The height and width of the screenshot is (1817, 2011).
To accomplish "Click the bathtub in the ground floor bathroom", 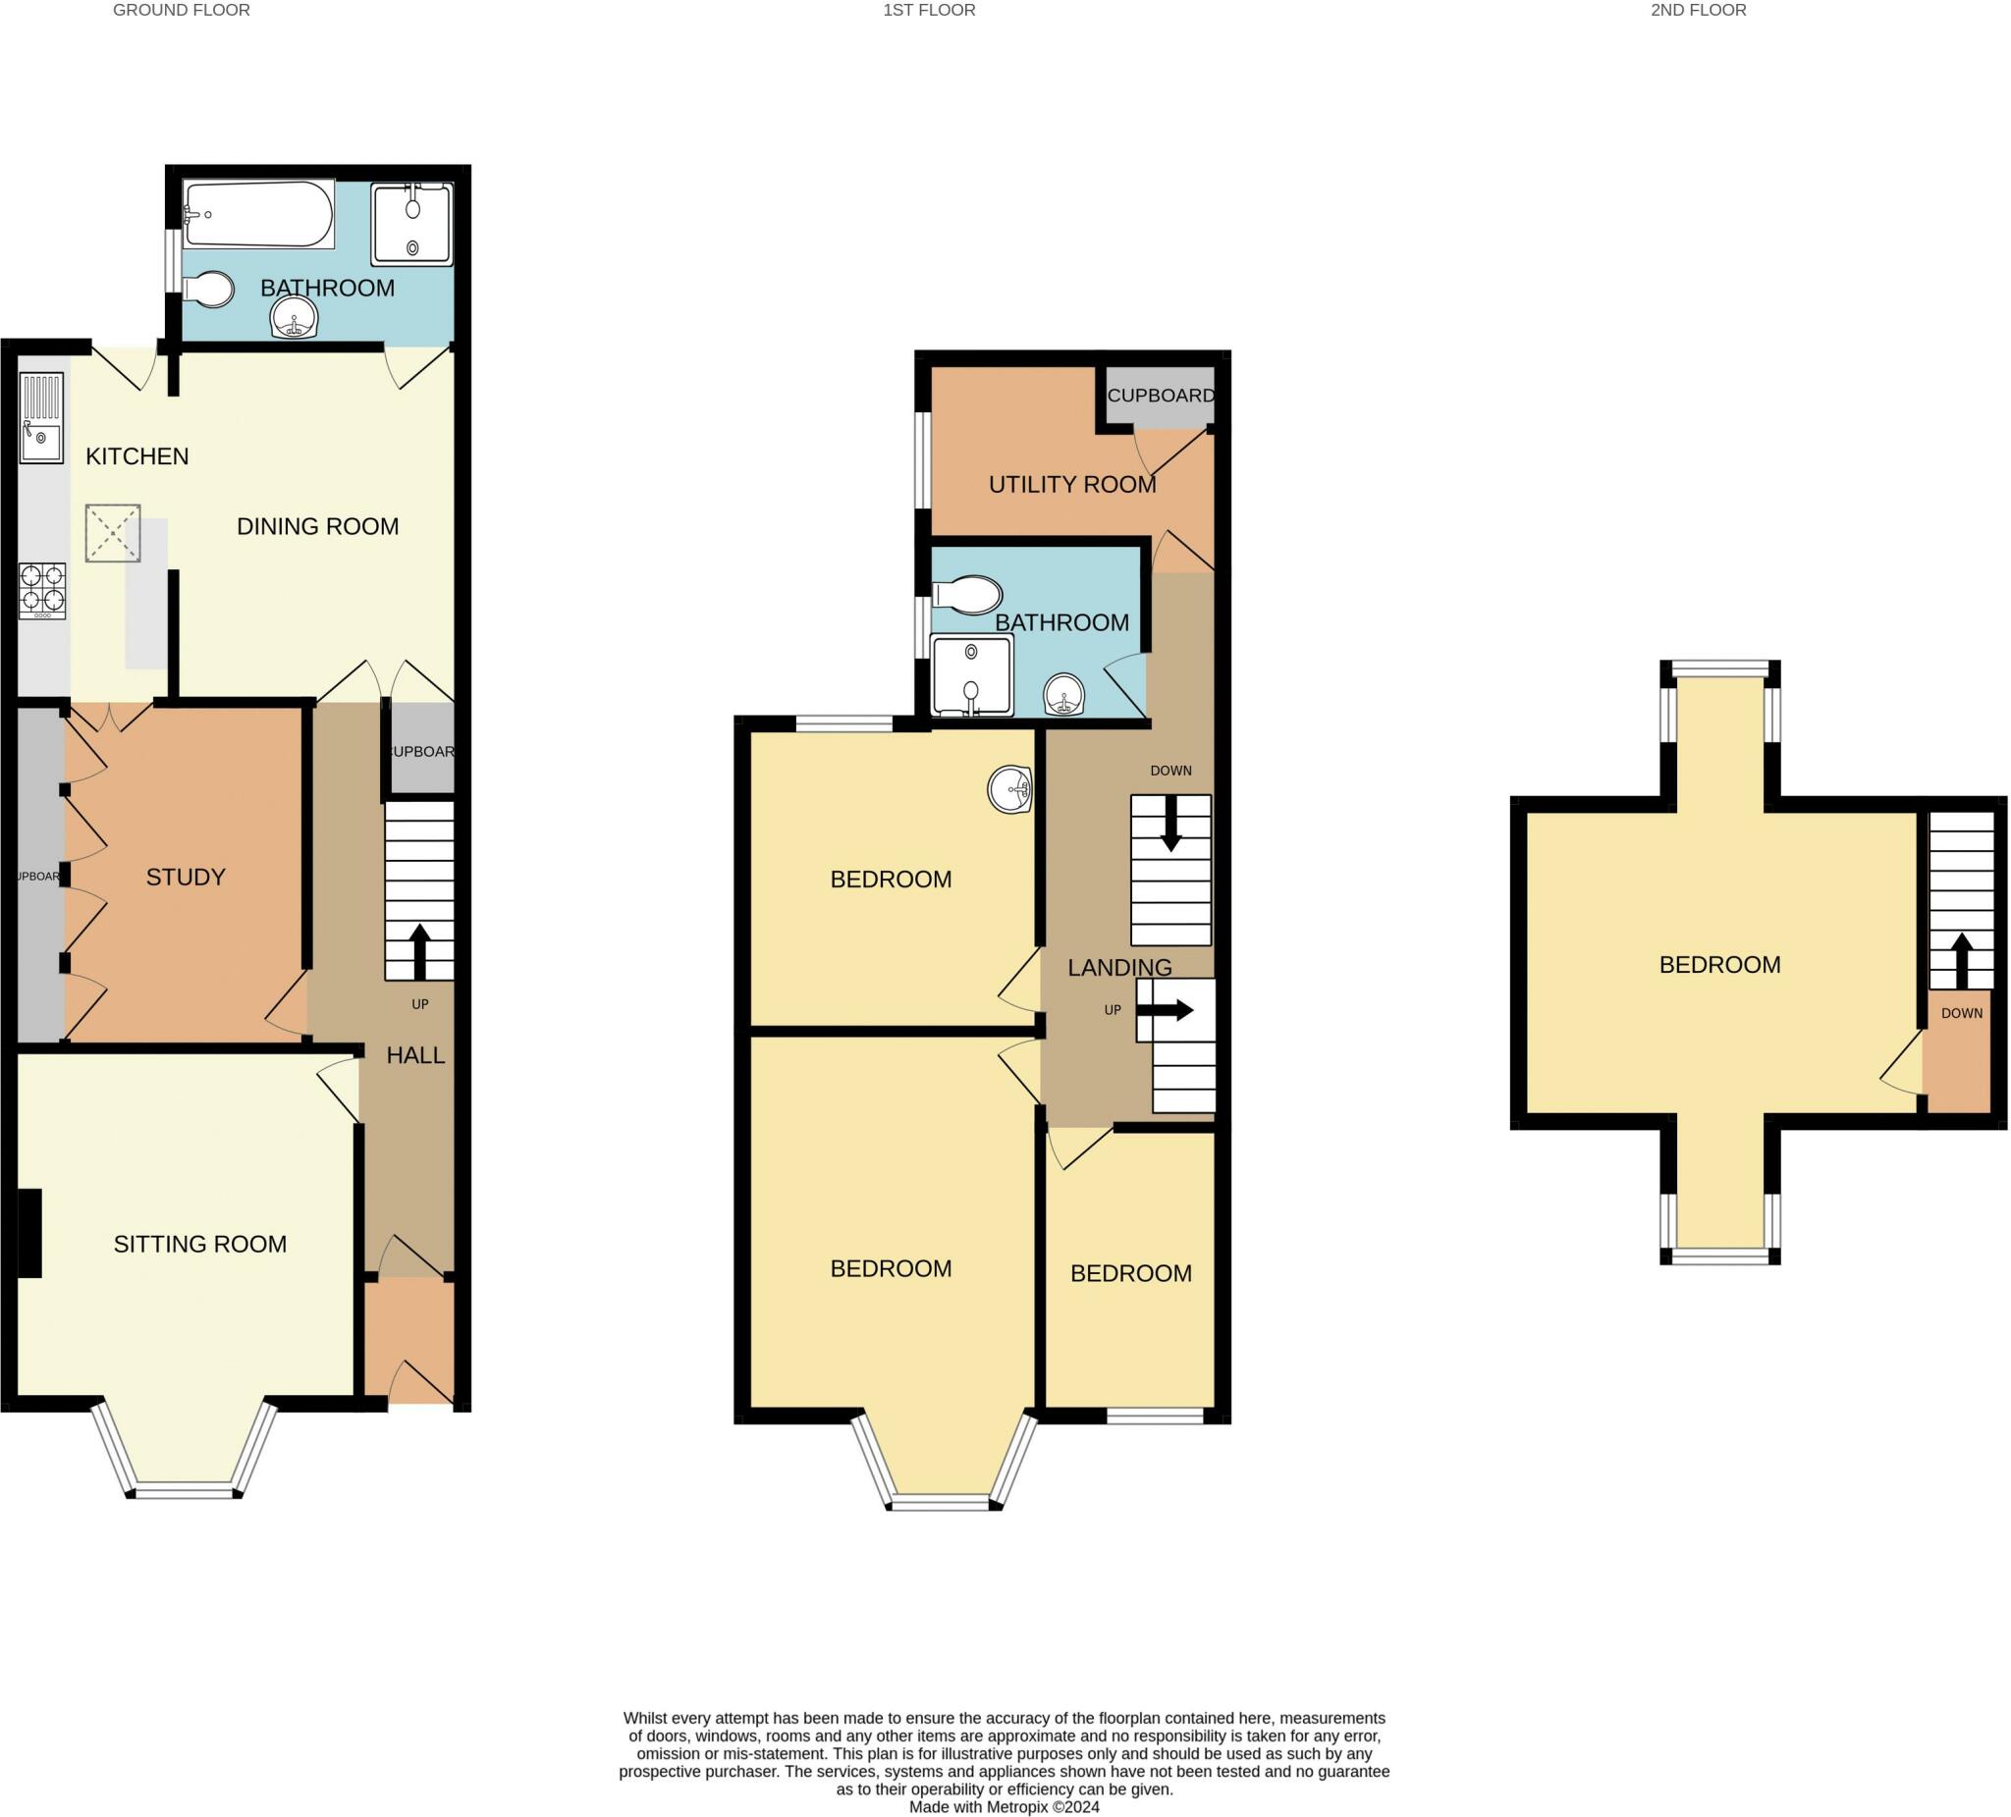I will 259,214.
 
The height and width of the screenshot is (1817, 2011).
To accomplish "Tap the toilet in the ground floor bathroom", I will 210,291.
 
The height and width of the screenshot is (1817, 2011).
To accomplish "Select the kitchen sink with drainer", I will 42,418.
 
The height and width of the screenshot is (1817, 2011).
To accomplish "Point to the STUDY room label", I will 186,878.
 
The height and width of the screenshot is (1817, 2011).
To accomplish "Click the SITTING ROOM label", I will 199,1245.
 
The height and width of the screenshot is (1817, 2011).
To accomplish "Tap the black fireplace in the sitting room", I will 28,1234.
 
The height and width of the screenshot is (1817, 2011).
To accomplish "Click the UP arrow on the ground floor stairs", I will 420,950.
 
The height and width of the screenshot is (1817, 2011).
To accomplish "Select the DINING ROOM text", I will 317,526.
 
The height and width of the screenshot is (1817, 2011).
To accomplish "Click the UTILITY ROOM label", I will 1072,485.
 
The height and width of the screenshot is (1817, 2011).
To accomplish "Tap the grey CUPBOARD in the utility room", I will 1160,396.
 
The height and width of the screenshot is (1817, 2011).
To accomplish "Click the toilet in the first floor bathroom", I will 967,597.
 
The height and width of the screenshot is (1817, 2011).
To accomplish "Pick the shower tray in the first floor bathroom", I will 971,675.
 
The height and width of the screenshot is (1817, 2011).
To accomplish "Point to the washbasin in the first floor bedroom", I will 1010,790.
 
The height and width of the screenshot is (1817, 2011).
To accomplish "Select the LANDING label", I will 1119,967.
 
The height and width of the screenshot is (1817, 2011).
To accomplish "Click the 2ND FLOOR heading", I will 1698,11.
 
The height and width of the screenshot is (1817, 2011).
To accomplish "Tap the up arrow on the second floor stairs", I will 1961,958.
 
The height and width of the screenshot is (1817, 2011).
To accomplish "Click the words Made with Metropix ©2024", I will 1004,1807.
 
